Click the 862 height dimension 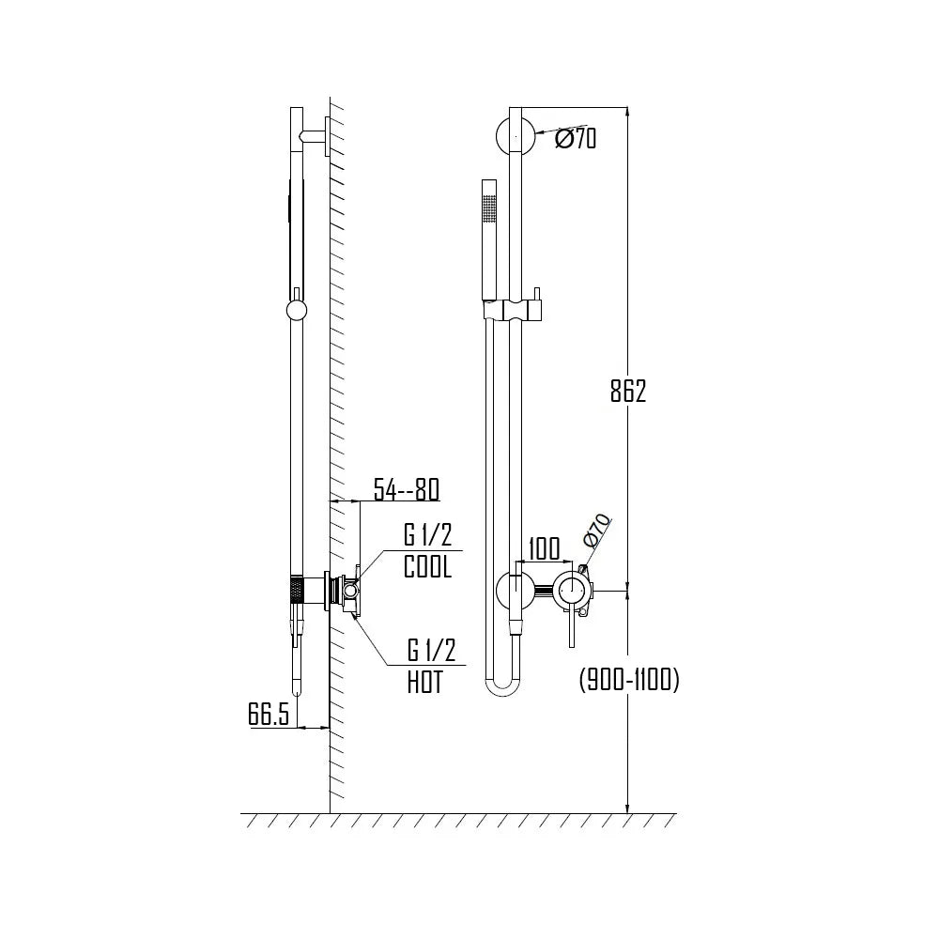coord(628,392)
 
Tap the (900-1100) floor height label coord(628,680)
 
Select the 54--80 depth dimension coord(406,489)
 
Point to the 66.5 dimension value coord(269,714)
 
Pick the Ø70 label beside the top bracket coord(575,140)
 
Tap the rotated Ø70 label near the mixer coord(597,531)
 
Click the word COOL coord(427,567)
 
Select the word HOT coord(424,682)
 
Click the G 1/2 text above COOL coord(427,537)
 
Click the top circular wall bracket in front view coord(515,137)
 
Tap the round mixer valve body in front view coord(572,590)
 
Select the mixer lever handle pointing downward coord(570,627)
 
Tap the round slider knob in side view coord(296,312)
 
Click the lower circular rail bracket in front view coord(515,590)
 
